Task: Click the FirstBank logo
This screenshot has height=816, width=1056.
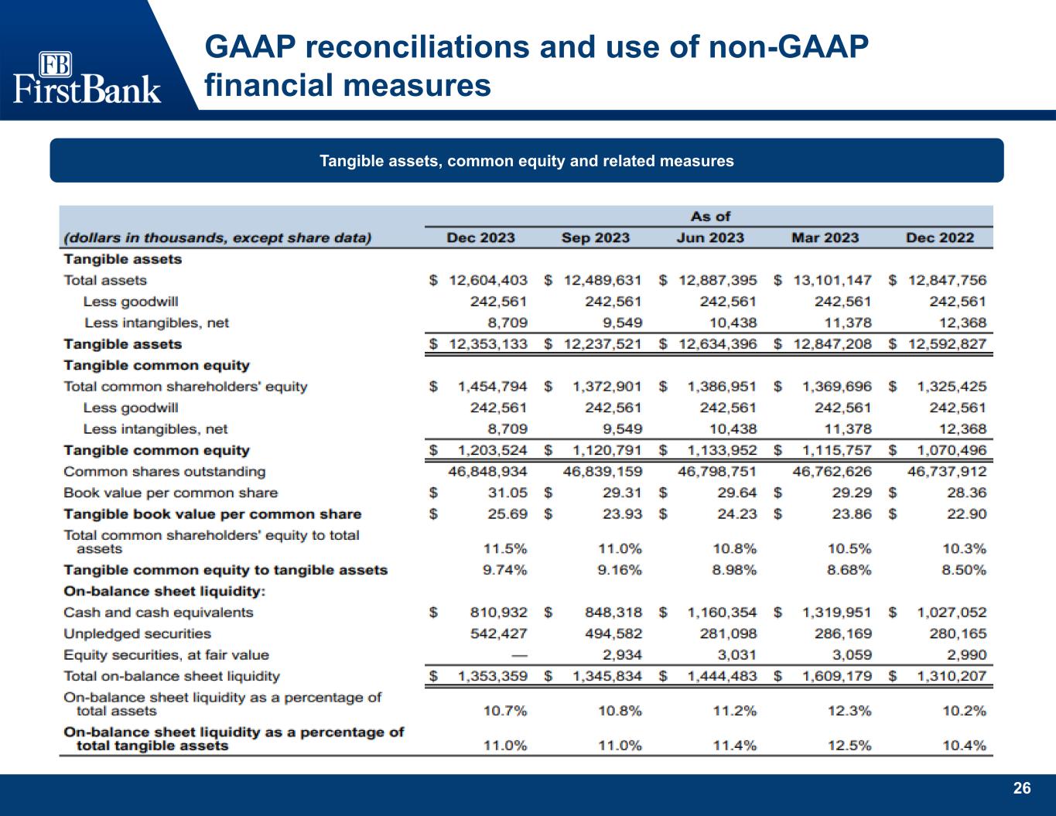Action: click(87, 77)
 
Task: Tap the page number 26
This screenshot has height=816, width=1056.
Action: click(1022, 788)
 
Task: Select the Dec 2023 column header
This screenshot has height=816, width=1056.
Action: click(480, 237)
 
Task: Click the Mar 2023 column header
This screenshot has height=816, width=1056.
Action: click(825, 237)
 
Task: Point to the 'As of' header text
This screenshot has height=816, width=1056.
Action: click(709, 217)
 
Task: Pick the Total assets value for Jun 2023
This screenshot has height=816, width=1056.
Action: click(716, 280)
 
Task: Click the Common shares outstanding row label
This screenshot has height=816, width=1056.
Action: click(164, 471)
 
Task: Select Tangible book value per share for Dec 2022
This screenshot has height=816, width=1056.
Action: click(966, 514)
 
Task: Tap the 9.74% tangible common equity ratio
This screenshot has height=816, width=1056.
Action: click(504, 570)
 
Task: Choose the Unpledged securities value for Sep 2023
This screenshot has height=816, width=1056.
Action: click(613, 633)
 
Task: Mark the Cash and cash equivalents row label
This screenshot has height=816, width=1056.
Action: click(158, 613)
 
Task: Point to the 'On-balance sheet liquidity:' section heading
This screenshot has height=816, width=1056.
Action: click(164, 592)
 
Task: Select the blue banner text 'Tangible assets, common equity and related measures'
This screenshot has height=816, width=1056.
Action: click(527, 161)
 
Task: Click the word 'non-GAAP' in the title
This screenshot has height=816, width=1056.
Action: click(789, 48)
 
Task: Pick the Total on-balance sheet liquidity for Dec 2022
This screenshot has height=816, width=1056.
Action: click(952, 676)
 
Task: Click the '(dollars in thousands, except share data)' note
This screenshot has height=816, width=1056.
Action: click(217, 237)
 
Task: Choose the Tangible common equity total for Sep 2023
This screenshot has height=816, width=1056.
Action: click(607, 450)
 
